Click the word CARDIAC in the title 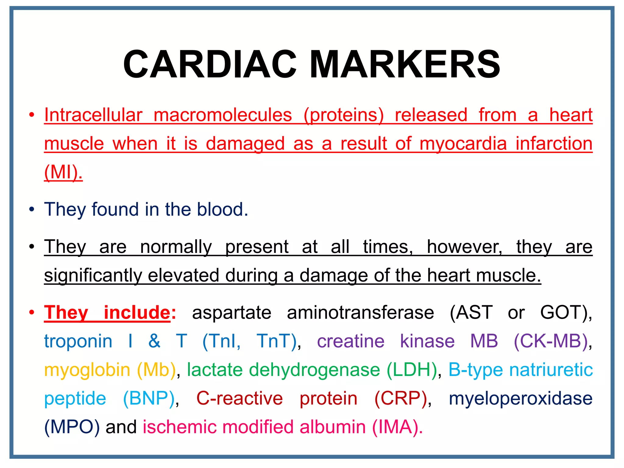pyautogui.click(x=210, y=64)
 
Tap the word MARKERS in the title pyautogui.click(x=405, y=64)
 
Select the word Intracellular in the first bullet pyautogui.click(x=93, y=115)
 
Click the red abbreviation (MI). pyautogui.click(x=63, y=172)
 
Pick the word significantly pyautogui.click(x=93, y=275)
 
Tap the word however pyautogui.click(x=464, y=246)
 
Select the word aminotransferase pyautogui.click(x=360, y=313)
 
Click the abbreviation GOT pyautogui.click(x=563, y=313)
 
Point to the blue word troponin pyautogui.click(x=78, y=341)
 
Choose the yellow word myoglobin pyautogui.click(x=87, y=370)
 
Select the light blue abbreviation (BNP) pyautogui.click(x=149, y=398)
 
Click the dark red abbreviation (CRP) pyautogui.click(x=401, y=398)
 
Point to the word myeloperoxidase pyautogui.click(x=521, y=398)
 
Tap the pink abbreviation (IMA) pyautogui.click(x=397, y=427)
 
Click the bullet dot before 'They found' pyautogui.click(x=32, y=210)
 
